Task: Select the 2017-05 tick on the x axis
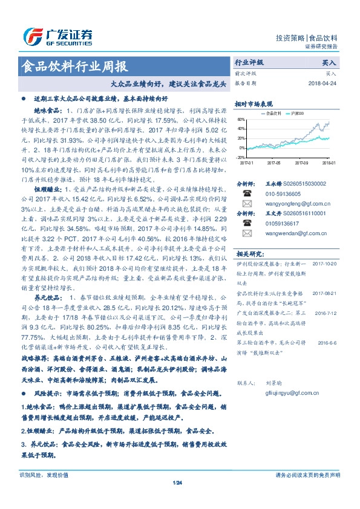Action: pyautogui.click(x=273, y=163)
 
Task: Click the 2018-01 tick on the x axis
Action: pyautogui.click(x=329, y=163)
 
